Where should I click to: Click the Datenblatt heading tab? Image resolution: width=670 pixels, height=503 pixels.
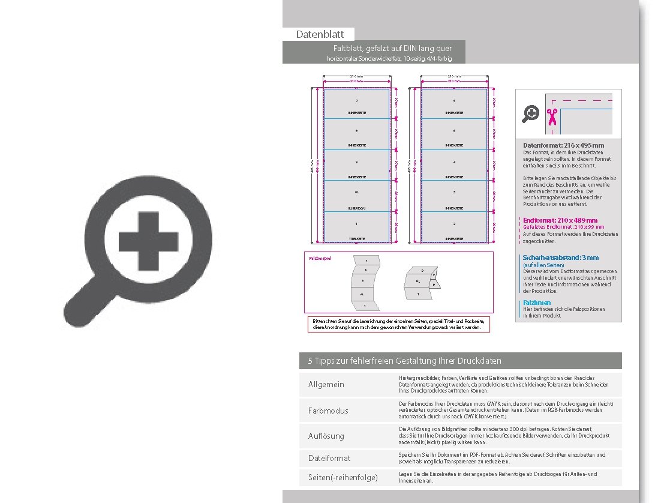(x=319, y=35)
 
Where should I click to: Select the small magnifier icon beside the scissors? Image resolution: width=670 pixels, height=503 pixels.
(x=531, y=113)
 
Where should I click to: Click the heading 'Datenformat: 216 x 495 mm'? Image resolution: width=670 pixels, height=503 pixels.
(x=563, y=145)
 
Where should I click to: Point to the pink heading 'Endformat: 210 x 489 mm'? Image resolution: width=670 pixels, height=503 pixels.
(x=560, y=220)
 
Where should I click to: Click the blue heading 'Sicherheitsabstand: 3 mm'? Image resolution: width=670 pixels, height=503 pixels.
(x=560, y=258)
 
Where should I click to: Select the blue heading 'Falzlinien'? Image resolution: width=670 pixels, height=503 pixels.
(x=537, y=303)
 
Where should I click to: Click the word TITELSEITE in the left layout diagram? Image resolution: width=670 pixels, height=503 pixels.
(x=357, y=239)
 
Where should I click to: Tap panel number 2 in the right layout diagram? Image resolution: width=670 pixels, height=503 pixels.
(x=454, y=224)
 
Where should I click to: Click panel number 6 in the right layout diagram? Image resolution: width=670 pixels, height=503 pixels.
(x=454, y=101)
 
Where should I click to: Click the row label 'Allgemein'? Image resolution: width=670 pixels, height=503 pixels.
(x=326, y=384)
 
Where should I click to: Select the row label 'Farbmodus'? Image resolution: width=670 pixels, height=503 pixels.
(x=328, y=411)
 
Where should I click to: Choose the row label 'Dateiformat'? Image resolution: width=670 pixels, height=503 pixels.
(x=329, y=458)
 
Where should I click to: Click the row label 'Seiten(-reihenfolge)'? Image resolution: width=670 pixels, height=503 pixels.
(x=343, y=478)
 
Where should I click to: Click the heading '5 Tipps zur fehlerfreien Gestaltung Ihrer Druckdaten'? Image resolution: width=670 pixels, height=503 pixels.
(x=405, y=361)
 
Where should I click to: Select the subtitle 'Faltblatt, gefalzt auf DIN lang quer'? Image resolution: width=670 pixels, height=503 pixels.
(x=392, y=48)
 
